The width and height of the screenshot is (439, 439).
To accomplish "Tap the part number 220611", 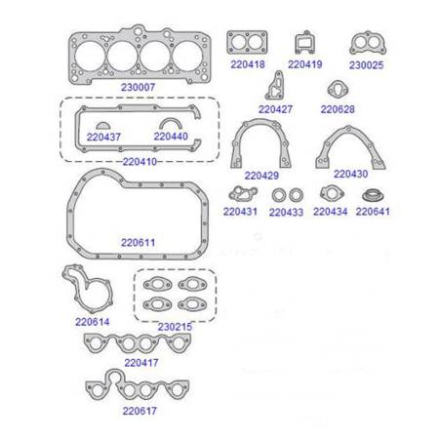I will point(138,241).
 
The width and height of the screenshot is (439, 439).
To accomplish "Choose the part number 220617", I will point(140,411).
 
